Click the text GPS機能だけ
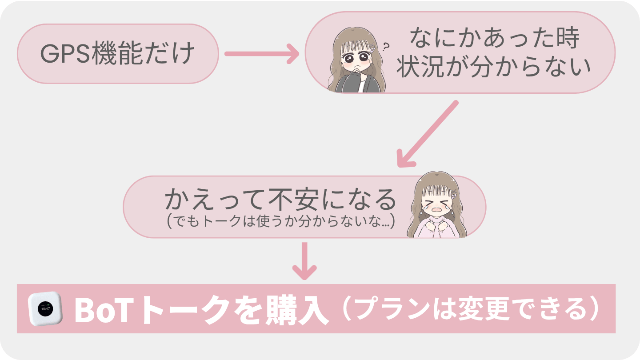(118, 54)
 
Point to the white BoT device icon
(44, 308)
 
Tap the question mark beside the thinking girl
(385, 45)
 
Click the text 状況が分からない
(493, 68)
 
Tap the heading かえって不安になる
(280, 200)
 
